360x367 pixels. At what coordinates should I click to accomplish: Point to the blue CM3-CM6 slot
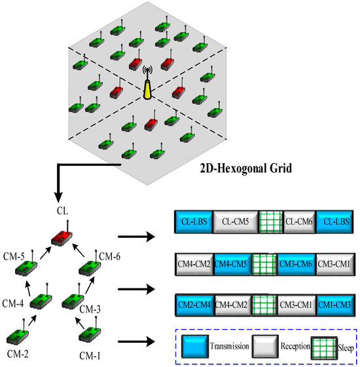coord(297,265)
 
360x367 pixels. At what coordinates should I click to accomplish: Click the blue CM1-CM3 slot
coord(335,305)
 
